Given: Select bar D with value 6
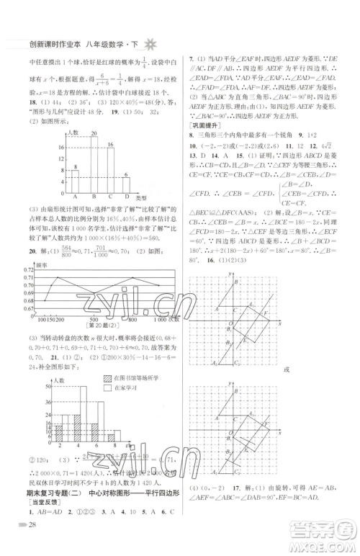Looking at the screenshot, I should tap(126, 186).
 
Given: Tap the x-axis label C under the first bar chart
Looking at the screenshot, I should tap(109, 197).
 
